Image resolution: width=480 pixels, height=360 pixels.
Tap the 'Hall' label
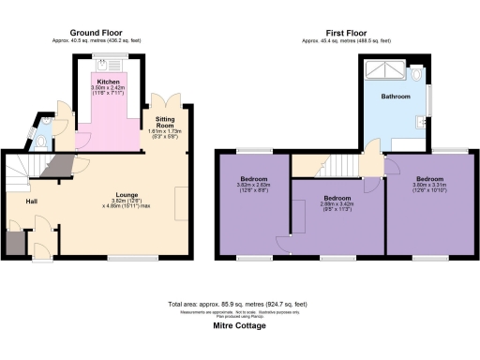[17, 200]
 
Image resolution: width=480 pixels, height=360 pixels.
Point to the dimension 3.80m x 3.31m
[429, 185]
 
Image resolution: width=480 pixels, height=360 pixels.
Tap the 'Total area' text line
[239, 306]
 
